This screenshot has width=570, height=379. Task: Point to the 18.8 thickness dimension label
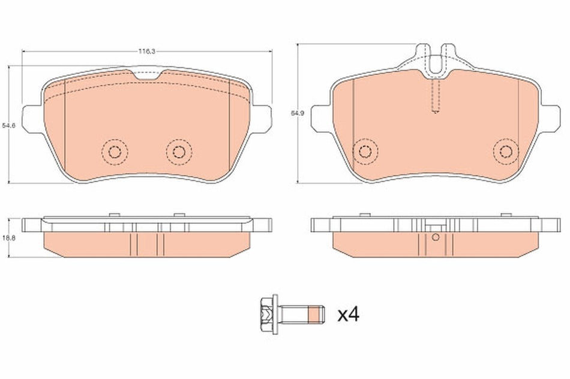click(x=8, y=238)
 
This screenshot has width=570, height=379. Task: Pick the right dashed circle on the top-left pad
click(x=178, y=151)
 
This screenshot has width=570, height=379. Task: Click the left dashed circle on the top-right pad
click(x=364, y=150)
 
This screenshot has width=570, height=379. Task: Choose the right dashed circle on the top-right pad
click(x=505, y=150)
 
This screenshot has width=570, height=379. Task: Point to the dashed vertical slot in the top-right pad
click(x=436, y=96)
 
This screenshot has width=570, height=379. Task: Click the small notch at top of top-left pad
click(x=146, y=75)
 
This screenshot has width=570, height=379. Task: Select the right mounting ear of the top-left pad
click(x=262, y=118)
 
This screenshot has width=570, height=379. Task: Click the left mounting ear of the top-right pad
click(x=320, y=117)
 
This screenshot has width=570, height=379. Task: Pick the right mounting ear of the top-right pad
click(x=550, y=117)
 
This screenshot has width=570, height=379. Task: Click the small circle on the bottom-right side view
click(x=436, y=236)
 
